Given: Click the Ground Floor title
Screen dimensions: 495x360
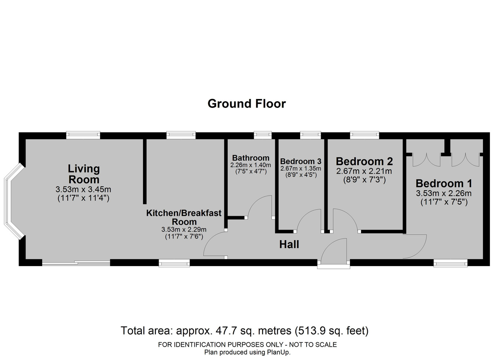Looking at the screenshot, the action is pyautogui.click(x=247, y=103).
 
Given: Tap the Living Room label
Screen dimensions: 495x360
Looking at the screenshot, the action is pyautogui.click(x=84, y=174).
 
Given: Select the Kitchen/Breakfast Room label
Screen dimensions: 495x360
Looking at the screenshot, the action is pyautogui.click(x=184, y=217).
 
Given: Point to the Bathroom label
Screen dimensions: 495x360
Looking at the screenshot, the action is pyautogui.click(x=251, y=158).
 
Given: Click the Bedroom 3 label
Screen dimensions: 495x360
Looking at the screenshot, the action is pyautogui.click(x=301, y=161).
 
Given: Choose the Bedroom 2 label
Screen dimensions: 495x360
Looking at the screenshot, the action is pyautogui.click(x=364, y=161).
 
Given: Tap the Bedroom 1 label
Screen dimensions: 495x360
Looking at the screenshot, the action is pyautogui.click(x=444, y=183).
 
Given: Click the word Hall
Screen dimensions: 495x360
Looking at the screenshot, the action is pyautogui.click(x=289, y=244).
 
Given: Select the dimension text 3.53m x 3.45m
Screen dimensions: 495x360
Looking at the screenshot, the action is pyautogui.click(x=83, y=189).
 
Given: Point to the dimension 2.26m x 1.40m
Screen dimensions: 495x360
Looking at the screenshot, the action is pyautogui.click(x=251, y=165).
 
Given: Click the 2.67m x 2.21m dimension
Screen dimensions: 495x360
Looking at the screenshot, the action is pyautogui.click(x=364, y=171).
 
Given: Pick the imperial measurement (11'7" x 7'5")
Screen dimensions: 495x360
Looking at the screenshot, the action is pyautogui.click(x=444, y=202).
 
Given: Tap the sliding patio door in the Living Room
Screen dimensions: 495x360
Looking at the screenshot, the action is pyautogui.click(x=76, y=263).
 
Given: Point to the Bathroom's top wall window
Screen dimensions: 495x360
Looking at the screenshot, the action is pyautogui.click(x=263, y=135).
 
